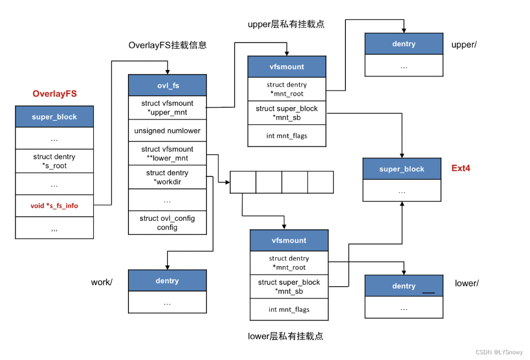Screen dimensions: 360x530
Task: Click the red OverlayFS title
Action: point(54,94)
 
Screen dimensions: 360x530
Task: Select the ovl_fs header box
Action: point(167,86)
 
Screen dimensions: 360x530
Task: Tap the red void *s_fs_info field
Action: point(54,206)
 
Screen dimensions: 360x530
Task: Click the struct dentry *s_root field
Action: point(54,161)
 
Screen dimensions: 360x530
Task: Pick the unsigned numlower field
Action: point(167,130)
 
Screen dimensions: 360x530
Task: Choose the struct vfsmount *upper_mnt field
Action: point(167,108)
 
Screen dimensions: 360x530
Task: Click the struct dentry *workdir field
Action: point(167,177)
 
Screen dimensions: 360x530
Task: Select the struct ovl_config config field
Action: point(167,223)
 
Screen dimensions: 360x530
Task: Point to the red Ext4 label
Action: point(461,168)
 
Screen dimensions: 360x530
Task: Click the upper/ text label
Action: point(463,45)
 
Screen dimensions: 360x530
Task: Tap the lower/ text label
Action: point(467,283)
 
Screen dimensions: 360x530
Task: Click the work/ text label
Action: point(102,282)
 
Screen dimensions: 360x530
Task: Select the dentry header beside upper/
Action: point(403,44)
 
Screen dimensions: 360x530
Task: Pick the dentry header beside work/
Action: point(167,280)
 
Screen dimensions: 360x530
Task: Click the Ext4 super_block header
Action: point(402,169)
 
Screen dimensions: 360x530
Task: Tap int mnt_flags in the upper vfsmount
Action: point(287,136)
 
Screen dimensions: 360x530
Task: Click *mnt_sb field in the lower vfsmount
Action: point(289,287)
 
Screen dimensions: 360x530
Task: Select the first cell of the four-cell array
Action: point(243,182)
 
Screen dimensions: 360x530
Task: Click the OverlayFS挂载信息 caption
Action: point(167,45)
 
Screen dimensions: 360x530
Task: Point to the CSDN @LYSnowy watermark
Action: point(500,352)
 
